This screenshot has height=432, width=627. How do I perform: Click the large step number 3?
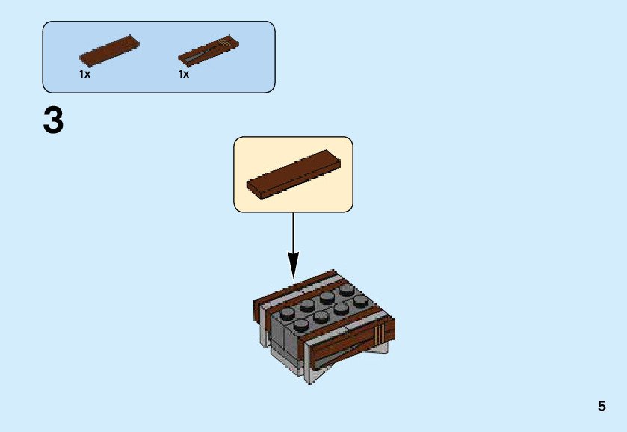coord(54,121)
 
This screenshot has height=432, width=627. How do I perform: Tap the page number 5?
coord(602,407)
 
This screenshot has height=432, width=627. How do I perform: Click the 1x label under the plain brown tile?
coord(84,75)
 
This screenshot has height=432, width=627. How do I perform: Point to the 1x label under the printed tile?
coord(184,75)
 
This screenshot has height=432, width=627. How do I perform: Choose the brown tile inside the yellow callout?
coord(293,173)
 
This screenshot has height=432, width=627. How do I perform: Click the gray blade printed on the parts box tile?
coord(198,54)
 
